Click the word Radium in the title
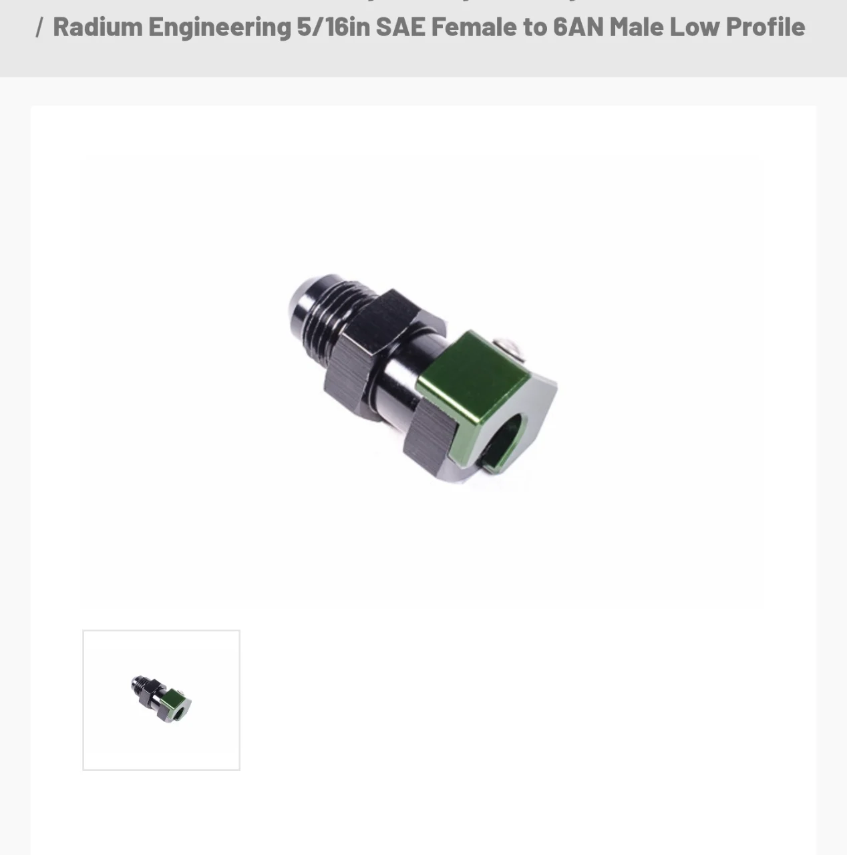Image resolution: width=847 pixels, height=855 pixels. (x=98, y=27)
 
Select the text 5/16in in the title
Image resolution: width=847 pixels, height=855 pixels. (x=333, y=27)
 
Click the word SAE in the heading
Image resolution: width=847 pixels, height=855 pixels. (x=400, y=27)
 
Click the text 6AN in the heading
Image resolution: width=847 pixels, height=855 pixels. (x=578, y=27)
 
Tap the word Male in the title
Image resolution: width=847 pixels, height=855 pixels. (x=636, y=27)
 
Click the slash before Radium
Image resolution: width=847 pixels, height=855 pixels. (x=39, y=27)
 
